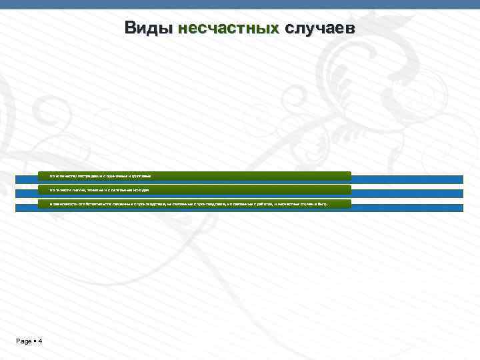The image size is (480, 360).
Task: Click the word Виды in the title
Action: coord(148,29)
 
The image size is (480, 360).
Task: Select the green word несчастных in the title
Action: coord(228,29)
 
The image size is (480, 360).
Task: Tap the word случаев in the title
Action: coord(320,29)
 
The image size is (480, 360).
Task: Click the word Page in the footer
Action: coord(24,341)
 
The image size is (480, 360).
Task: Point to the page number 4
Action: coord(40,341)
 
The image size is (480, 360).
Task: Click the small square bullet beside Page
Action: coord(35,341)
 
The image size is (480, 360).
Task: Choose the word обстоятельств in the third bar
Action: coord(85,203)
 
